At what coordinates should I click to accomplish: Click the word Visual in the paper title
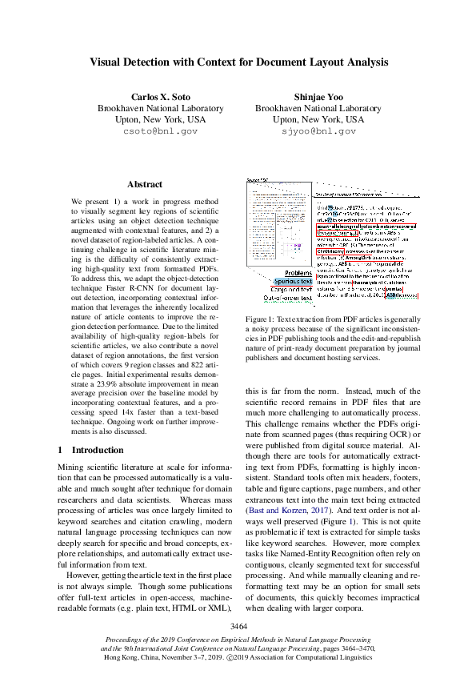pyautogui.click(x=109, y=62)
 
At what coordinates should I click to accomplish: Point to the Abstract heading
pyautogui.click(x=144, y=184)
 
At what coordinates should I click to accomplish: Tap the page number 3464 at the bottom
pyautogui.click(x=238, y=625)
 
